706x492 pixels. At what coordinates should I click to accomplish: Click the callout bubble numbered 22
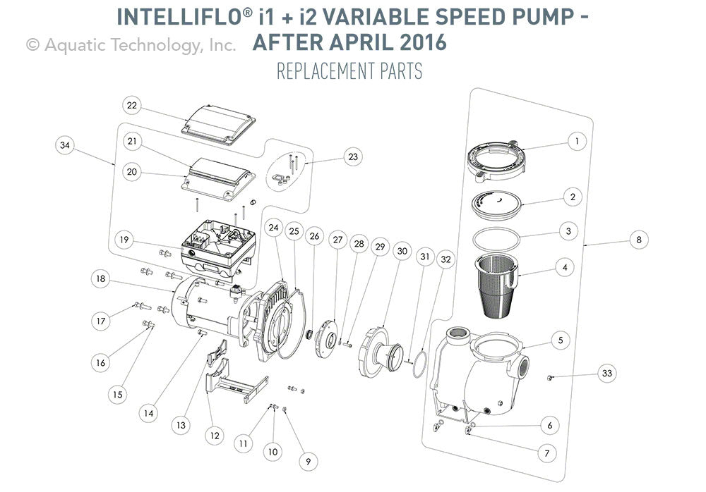(x=131, y=106)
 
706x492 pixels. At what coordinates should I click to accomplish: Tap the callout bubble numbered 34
(x=66, y=145)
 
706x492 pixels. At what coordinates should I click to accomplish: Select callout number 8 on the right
(x=639, y=240)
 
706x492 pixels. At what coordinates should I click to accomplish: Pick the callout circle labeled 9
(x=307, y=462)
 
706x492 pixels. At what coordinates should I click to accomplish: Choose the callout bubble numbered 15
(x=118, y=394)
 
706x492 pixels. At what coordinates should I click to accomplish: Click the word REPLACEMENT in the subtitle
(x=321, y=71)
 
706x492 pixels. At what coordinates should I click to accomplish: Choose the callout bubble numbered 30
(x=402, y=251)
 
